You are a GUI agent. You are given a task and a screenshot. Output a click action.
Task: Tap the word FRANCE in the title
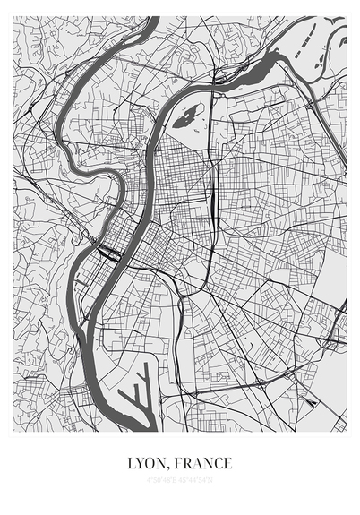(x=204, y=464)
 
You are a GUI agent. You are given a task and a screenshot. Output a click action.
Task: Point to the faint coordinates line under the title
(x=180, y=480)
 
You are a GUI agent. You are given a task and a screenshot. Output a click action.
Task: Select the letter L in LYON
(x=132, y=464)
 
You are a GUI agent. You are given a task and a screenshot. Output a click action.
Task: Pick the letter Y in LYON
(x=141, y=464)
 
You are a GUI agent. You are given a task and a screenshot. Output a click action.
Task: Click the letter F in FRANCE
(x=181, y=464)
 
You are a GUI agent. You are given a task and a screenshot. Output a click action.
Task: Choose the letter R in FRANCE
(x=191, y=464)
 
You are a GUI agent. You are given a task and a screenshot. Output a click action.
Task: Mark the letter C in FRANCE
(x=217, y=464)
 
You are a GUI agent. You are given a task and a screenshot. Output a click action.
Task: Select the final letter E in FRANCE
(x=227, y=464)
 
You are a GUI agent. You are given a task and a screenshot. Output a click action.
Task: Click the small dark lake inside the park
(x=188, y=116)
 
